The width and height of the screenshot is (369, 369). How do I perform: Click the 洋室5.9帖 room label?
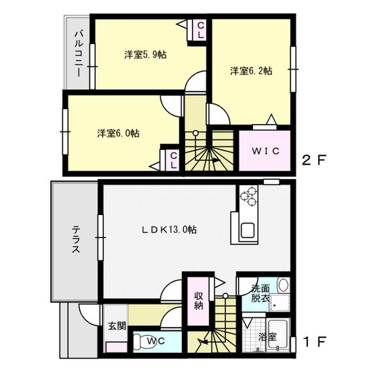145,55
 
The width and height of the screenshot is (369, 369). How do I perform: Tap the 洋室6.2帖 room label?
251,71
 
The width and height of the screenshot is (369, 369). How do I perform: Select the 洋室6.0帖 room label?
118,133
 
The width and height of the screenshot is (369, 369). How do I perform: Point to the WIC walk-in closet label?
264,152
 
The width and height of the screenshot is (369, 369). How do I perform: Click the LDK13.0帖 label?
170,229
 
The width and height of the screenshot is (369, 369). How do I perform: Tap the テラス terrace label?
76,241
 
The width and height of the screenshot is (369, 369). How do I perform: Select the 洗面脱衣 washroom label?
260,293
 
